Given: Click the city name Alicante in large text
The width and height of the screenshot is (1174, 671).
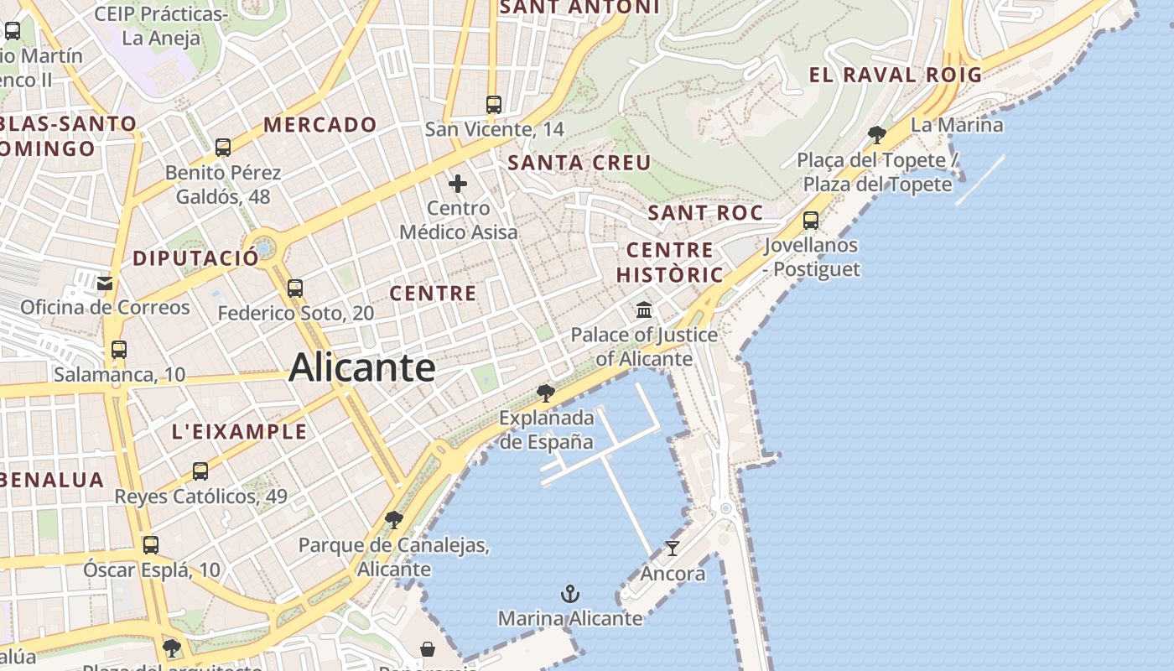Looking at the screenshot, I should tap(361, 368).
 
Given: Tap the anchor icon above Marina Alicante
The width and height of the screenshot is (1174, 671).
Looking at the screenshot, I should tap(570, 595).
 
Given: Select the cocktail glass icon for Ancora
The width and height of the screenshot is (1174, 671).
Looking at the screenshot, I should tap(673, 549).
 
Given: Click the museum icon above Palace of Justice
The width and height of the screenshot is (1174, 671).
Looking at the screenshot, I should tap(644, 310).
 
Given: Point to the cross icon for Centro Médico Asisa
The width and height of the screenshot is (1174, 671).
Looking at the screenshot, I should tap(458, 184).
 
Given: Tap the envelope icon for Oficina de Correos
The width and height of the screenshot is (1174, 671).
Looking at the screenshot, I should tap(105, 283).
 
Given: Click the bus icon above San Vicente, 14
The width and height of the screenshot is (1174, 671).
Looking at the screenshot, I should tap(494, 105).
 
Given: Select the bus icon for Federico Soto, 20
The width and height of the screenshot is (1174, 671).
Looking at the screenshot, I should tap(295, 289).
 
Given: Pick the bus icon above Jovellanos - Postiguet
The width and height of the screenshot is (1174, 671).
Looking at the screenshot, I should tap(811, 221).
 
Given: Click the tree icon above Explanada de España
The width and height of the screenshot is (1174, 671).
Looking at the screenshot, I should tap(546, 393).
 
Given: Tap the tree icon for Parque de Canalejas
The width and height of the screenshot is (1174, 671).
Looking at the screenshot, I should tap(393, 521).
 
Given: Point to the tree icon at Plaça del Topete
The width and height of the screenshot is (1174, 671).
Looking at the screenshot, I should tap(877, 134).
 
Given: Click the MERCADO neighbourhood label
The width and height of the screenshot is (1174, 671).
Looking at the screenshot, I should tap(320, 125).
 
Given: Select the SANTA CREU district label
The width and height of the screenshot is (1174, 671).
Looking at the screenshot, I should tap(579, 163).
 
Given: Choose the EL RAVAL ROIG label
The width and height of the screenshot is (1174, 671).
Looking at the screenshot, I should tap(895, 75).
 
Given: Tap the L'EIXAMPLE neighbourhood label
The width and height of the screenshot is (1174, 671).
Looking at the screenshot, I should tap(239, 432).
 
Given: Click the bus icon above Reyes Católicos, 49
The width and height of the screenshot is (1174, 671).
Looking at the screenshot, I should tap(200, 471).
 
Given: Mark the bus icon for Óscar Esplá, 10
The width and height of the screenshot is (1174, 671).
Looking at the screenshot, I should tap(151, 545).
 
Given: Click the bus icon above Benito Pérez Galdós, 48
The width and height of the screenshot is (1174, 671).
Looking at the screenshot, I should tap(223, 148).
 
